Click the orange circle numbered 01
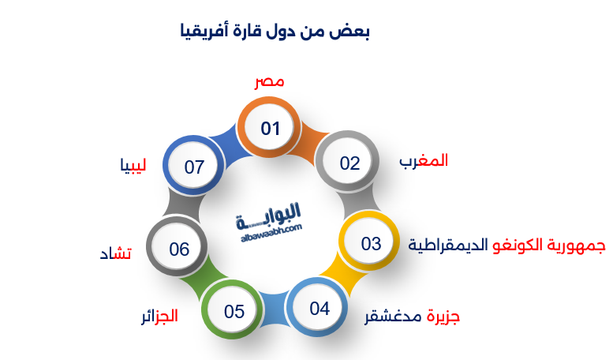271,129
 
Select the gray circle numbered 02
349,163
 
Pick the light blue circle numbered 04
319,308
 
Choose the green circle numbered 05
234,312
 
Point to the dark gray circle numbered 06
179,249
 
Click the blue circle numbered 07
194,167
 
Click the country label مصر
269,82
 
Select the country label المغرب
424,161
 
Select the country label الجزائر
159,317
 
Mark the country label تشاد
115,253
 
